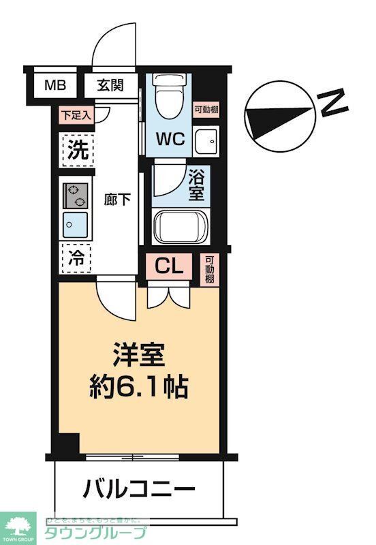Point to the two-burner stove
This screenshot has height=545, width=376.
pos(76,195)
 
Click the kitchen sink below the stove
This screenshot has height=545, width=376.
pos(75,223)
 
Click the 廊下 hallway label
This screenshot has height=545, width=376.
pos(116,200)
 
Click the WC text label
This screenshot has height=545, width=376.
pos(170,139)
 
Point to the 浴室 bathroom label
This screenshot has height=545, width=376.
pos(196,185)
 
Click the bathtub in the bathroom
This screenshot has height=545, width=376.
pos(181,227)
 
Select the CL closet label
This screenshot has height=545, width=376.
pos(170,266)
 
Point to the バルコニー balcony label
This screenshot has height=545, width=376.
pos(139,488)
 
